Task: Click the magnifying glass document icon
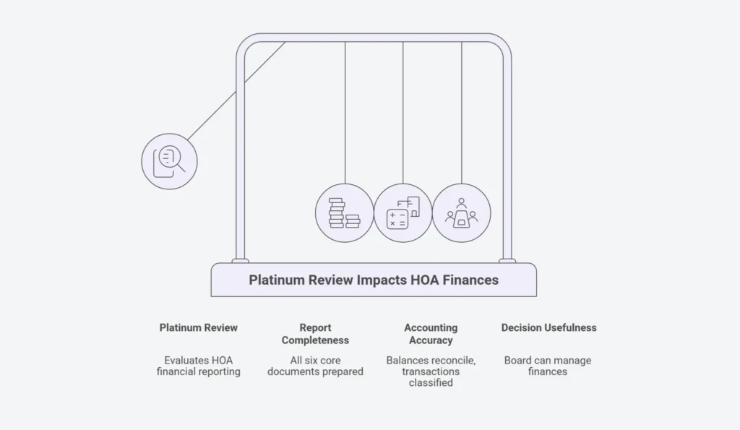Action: pos(168,161)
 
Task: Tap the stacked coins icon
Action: pos(345,213)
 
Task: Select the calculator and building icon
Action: pos(403,213)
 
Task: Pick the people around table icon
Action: pos(461,213)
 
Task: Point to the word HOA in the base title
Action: pos(424,280)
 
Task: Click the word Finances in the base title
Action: pos(470,280)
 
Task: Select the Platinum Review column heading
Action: pos(198,327)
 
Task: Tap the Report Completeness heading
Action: pos(315,334)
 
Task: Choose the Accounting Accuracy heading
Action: pos(431,334)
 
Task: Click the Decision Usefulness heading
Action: pos(549,327)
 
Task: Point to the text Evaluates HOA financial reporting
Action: pos(198,366)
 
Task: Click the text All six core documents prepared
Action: pos(315,366)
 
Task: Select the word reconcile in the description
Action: pos(454,361)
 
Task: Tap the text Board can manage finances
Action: pos(548,366)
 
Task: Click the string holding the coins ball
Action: pos(345,113)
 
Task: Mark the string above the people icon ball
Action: pos(462,113)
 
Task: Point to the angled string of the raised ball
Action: pos(236,91)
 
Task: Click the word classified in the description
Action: pos(431,383)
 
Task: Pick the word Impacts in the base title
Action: pos(382,280)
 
